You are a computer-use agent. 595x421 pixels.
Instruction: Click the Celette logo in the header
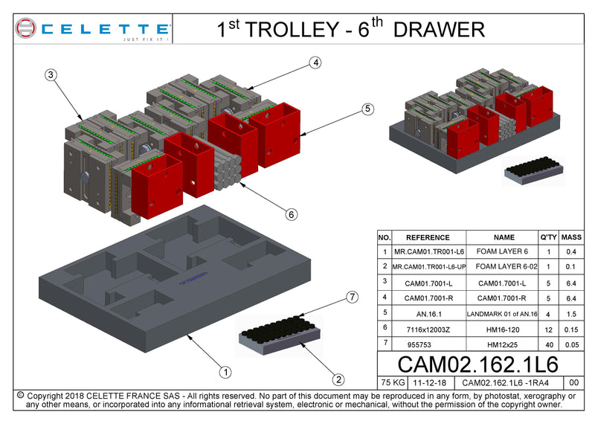[92, 30]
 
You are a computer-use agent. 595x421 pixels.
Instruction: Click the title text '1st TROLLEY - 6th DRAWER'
[350, 29]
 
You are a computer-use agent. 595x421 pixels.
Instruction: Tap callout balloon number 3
[51, 74]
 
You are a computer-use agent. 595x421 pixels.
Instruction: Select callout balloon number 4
[315, 63]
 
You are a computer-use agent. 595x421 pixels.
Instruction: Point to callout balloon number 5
[367, 109]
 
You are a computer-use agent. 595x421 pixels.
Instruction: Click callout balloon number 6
[292, 214]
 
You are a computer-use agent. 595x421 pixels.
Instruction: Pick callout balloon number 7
[353, 298]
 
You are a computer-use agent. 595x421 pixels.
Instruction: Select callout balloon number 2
[338, 380]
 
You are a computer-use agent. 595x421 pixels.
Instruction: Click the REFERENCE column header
[428, 237]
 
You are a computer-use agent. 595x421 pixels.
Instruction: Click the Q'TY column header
[548, 237]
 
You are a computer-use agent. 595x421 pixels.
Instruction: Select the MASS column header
[571, 237]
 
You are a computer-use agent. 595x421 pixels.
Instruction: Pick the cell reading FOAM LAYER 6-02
[504, 266]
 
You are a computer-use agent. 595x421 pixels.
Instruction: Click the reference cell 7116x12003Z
[428, 327]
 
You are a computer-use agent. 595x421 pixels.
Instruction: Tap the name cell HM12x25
[504, 344]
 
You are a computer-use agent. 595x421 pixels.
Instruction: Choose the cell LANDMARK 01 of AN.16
[504, 314]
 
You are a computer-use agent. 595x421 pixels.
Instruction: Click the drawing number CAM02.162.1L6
[477, 364]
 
